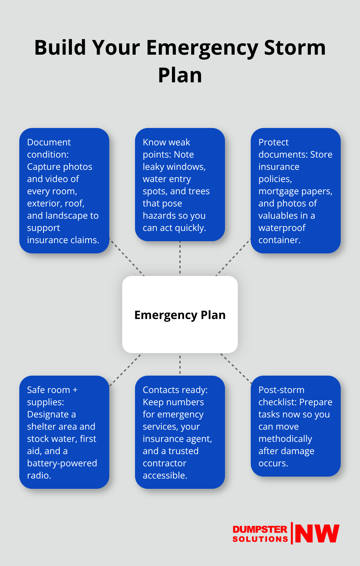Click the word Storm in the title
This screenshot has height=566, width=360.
[295, 48]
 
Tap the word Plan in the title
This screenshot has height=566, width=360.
[180, 75]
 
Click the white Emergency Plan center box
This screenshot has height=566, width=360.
[180, 315]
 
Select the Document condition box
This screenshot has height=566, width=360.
[64, 190]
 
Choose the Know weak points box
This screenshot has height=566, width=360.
[180, 185]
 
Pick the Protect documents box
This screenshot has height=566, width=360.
[296, 190]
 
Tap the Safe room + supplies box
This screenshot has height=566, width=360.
[64, 432]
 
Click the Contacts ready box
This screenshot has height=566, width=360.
[180, 432]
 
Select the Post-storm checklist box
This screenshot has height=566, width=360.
[296, 426]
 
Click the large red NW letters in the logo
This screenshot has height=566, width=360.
[317, 534]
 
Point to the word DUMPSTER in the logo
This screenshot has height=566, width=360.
[260, 529]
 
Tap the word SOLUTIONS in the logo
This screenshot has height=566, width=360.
[260, 539]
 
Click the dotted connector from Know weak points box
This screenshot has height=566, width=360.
[180, 258]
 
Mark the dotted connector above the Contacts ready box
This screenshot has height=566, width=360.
[180, 364]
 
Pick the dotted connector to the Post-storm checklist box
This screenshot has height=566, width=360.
[236, 368]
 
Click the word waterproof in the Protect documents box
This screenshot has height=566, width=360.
[282, 228]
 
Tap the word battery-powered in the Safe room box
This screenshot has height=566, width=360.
[62, 463]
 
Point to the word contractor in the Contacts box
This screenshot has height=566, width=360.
[164, 463]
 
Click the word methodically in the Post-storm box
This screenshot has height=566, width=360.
[285, 439]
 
